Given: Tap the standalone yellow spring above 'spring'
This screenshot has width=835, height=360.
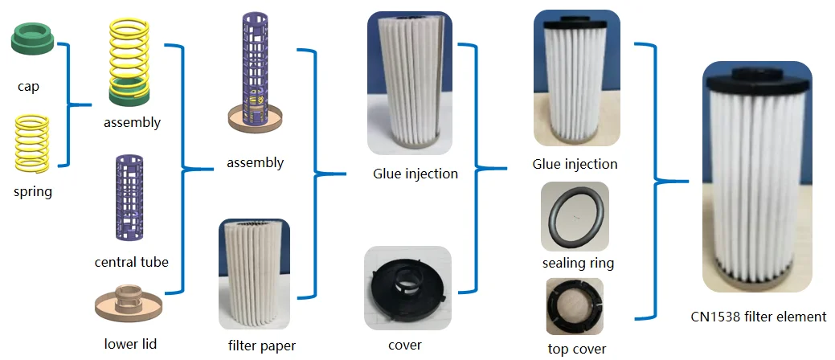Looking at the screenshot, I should (x=33, y=142).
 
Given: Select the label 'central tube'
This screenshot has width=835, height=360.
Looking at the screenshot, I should (x=132, y=261).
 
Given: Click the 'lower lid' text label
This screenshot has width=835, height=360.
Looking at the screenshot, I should (x=130, y=344).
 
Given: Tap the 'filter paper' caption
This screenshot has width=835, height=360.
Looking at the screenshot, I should (x=262, y=346).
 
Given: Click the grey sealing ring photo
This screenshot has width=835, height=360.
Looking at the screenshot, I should (x=575, y=216).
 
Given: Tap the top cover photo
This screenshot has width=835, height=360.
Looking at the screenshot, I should (x=575, y=308).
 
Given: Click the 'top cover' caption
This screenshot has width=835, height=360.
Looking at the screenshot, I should (x=577, y=349).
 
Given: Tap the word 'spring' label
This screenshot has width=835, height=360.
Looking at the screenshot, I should (x=33, y=192).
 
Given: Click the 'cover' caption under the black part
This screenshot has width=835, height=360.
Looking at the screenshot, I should (x=404, y=345).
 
